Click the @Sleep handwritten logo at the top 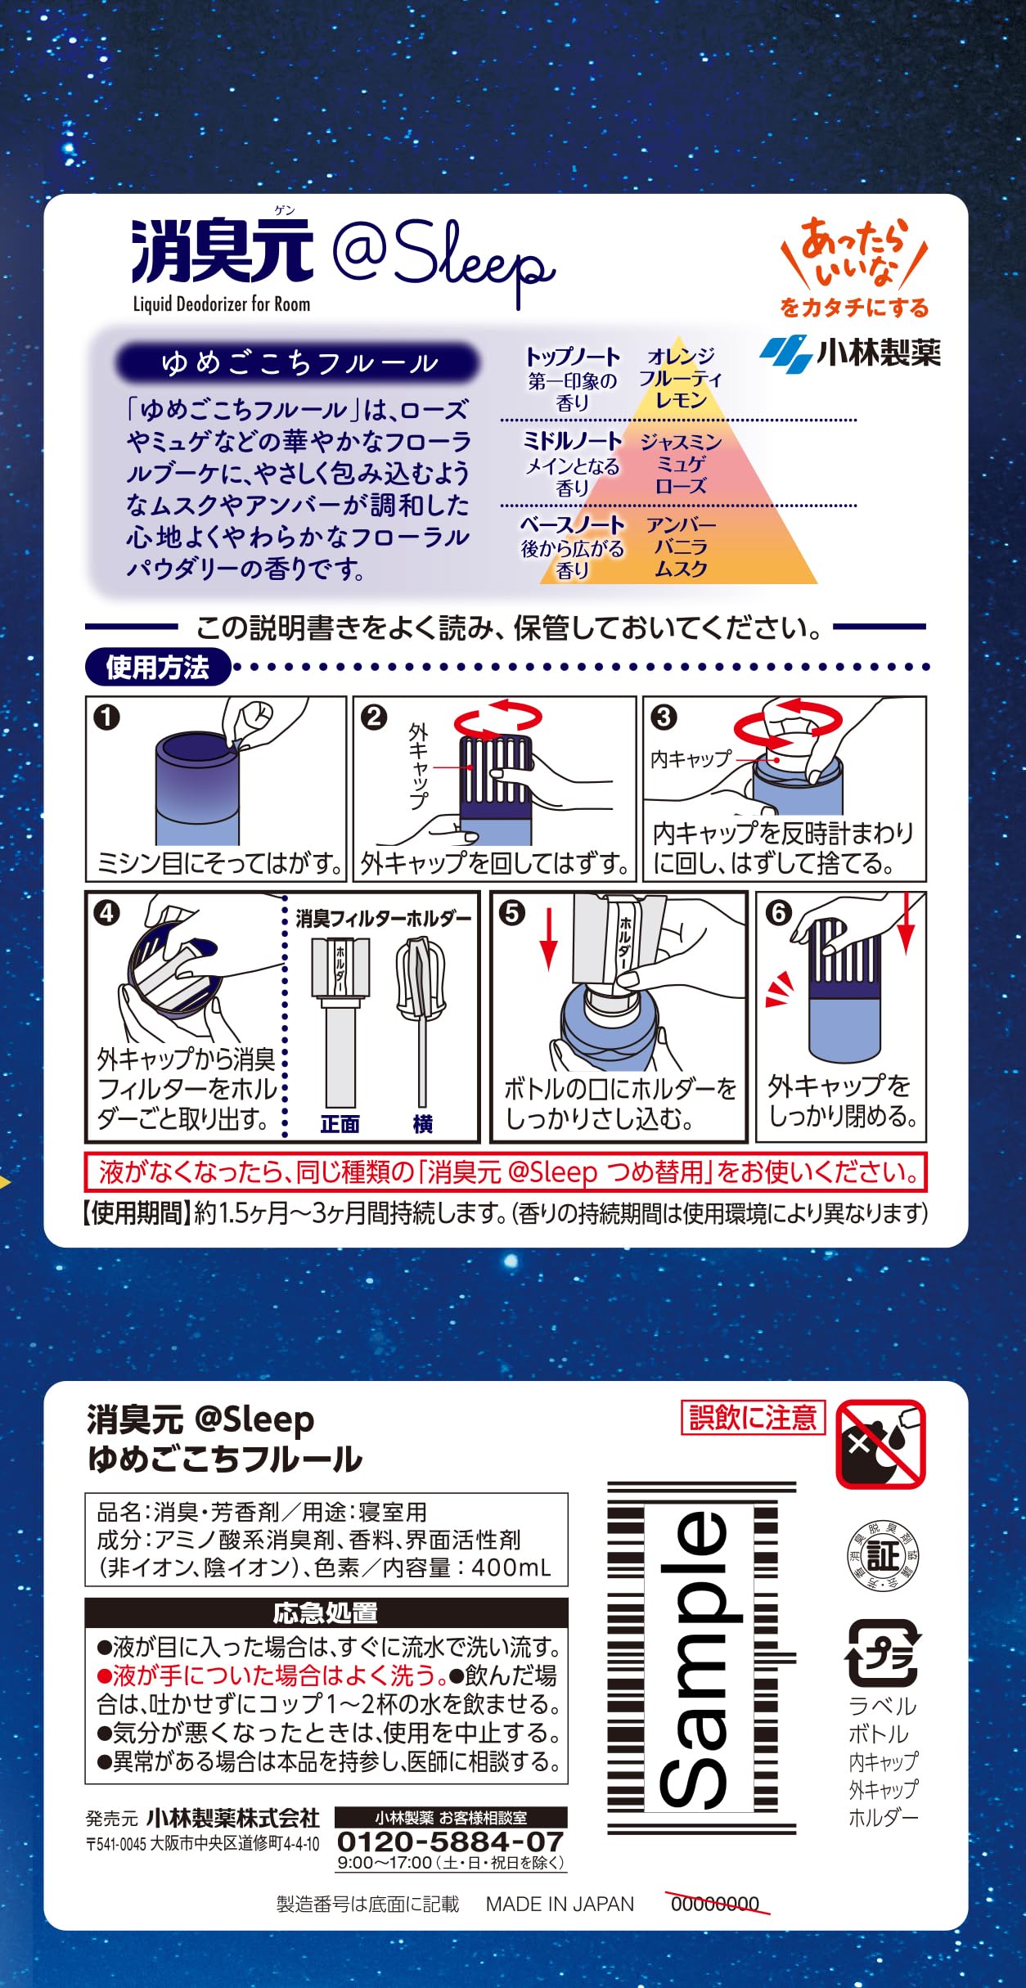(443, 260)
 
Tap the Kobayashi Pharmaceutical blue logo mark (785, 353)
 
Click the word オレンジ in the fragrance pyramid (682, 356)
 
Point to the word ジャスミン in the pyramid (682, 442)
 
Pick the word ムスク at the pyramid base (681, 569)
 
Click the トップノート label (573, 357)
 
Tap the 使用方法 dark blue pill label (158, 668)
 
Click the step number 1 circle (107, 717)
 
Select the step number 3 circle (664, 717)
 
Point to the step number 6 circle (778, 912)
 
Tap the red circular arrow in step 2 (498, 717)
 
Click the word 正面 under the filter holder (340, 1124)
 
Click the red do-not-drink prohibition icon (880, 1444)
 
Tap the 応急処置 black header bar (326, 1612)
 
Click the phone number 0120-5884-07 (451, 1842)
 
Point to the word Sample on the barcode (700, 1657)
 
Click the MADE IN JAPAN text (560, 1904)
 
